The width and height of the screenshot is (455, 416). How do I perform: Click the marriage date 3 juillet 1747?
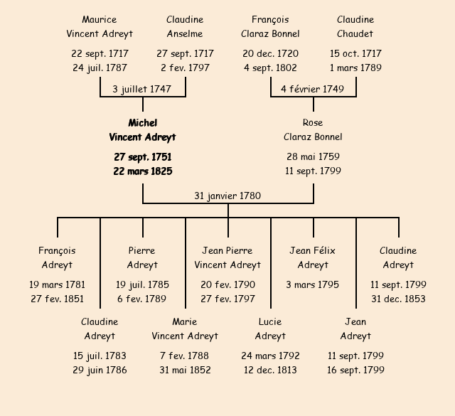pos(142,89)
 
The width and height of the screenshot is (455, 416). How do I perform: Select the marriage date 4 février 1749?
pos(313,89)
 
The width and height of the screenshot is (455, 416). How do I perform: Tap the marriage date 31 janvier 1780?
pos(227,196)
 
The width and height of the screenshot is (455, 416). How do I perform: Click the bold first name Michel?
pos(142,123)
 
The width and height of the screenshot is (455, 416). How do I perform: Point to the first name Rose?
pos(313,123)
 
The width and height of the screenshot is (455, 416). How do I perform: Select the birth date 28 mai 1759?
pos(313,156)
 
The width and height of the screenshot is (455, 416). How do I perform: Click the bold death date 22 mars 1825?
pos(142,171)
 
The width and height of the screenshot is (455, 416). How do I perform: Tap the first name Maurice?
pos(100,20)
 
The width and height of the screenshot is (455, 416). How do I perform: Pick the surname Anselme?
pos(185,33)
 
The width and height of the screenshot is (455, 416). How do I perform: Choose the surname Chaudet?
pos(355,33)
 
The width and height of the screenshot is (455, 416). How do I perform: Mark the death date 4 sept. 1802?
pos(270,68)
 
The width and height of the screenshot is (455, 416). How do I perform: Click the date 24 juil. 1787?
pos(100,68)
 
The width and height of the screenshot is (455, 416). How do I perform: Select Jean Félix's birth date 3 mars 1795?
pos(313,284)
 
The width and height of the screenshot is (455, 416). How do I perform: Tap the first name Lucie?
pos(270,321)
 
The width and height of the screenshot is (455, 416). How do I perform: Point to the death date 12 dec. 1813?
pos(270,370)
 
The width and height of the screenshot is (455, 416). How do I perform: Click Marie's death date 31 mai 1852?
pos(185,370)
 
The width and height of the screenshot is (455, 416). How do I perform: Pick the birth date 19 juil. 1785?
pos(142,284)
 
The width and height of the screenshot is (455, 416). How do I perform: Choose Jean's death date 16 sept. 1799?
pos(355,370)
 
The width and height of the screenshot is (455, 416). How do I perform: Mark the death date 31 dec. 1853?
pos(398,299)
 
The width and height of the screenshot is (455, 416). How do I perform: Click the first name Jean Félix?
pos(313,250)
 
